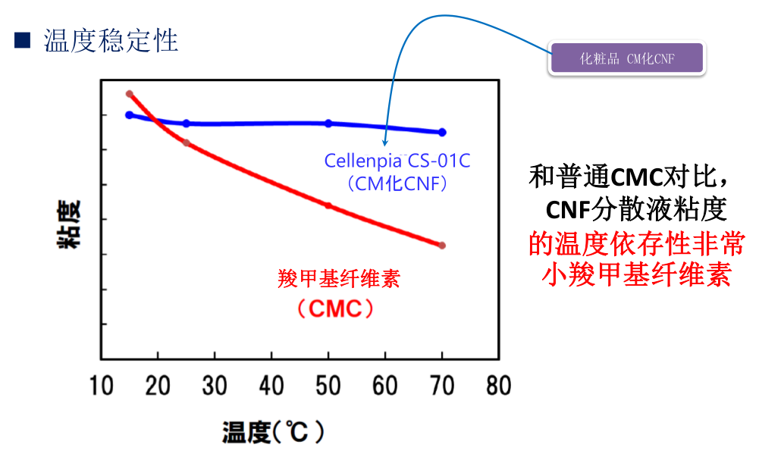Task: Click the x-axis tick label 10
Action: (101, 386)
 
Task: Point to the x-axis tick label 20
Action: (158, 386)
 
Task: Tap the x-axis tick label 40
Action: (271, 386)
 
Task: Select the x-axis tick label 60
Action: (385, 386)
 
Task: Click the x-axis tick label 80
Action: (498, 386)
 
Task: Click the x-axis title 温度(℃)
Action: (274, 433)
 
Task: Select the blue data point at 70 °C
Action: (442, 132)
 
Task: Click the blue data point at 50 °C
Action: (328, 124)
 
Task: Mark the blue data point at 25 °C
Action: (187, 124)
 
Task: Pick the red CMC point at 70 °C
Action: (442, 246)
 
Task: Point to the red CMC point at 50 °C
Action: (328, 205)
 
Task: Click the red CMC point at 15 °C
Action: (130, 94)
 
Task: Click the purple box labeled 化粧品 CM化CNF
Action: (626, 58)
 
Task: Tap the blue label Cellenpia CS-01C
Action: (397, 161)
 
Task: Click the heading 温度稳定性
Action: (111, 40)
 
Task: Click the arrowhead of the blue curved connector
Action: (385, 142)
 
